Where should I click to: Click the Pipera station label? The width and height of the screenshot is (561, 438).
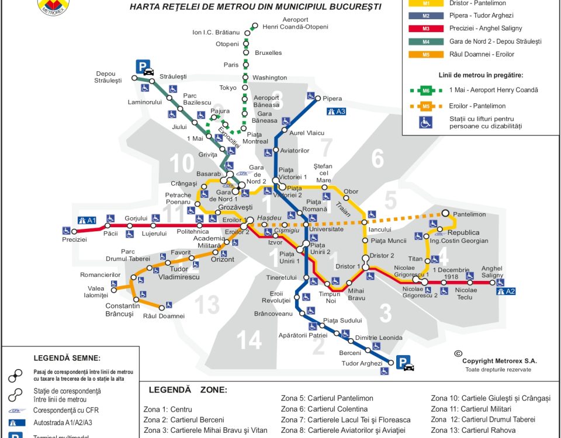pos(333,99)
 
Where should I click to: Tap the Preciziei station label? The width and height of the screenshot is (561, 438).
pos(75,239)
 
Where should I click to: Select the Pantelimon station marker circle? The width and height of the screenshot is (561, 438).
pos(445,214)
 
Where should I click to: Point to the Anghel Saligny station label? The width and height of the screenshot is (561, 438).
pos(492,272)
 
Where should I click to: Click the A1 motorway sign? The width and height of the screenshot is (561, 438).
pos(86,220)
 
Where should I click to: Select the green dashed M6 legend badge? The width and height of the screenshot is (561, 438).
pos(426,91)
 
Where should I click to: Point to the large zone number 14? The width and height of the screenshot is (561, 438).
pos(250,340)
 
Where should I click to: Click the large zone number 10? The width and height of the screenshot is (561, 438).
pos(182,165)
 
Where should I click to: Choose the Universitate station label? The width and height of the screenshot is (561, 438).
pos(326,229)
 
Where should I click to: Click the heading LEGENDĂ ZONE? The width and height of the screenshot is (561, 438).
pos(188,390)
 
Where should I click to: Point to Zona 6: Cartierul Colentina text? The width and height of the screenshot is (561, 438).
pos(324,409)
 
